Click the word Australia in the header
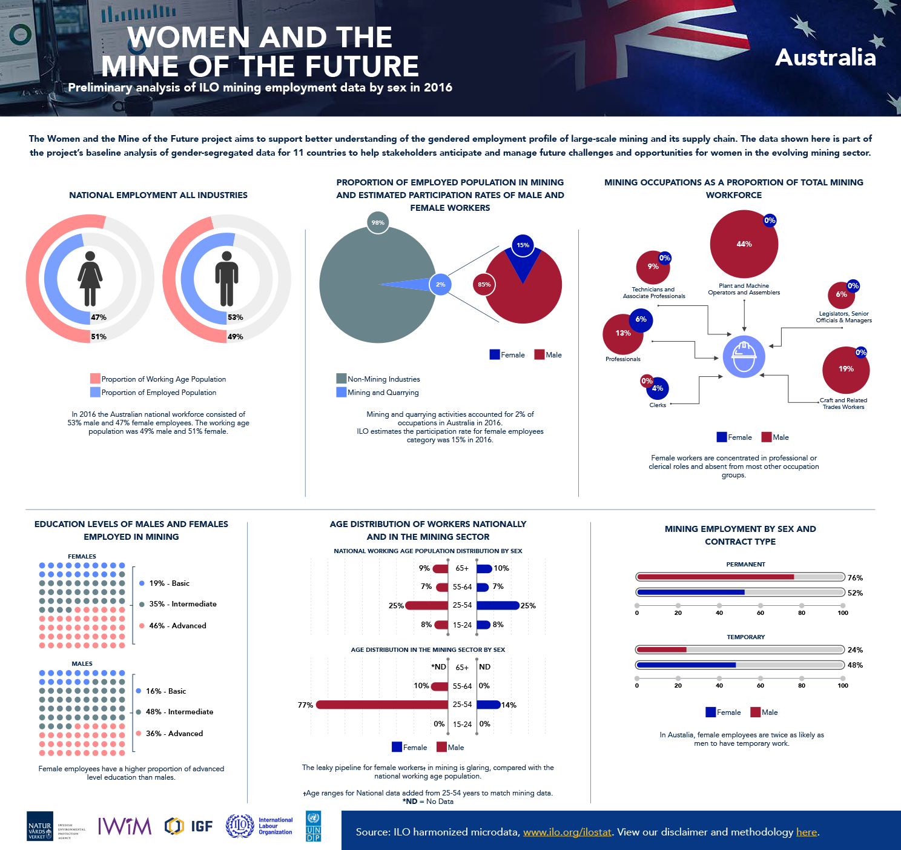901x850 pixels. tap(825, 58)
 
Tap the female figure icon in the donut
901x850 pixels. tap(90, 279)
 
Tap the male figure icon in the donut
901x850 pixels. tap(226, 279)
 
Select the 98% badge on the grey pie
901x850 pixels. tap(378, 222)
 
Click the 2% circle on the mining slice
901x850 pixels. tap(440, 284)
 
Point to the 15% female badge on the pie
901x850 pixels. tap(523, 245)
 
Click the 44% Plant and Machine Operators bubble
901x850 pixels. tap(744, 244)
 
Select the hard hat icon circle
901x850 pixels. tap(744, 357)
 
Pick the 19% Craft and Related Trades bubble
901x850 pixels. tap(845, 370)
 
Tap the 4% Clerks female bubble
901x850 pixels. tap(658, 388)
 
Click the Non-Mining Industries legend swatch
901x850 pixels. tap(341, 379)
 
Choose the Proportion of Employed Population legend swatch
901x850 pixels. tap(95, 392)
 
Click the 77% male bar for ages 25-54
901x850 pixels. tap(381, 705)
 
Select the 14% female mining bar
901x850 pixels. tap(488, 705)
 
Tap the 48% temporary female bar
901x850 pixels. tap(687, 665)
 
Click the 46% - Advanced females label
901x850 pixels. tap(177, 626)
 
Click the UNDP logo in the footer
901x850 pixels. tap(314, 826)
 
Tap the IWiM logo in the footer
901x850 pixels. tap(125, 826)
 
